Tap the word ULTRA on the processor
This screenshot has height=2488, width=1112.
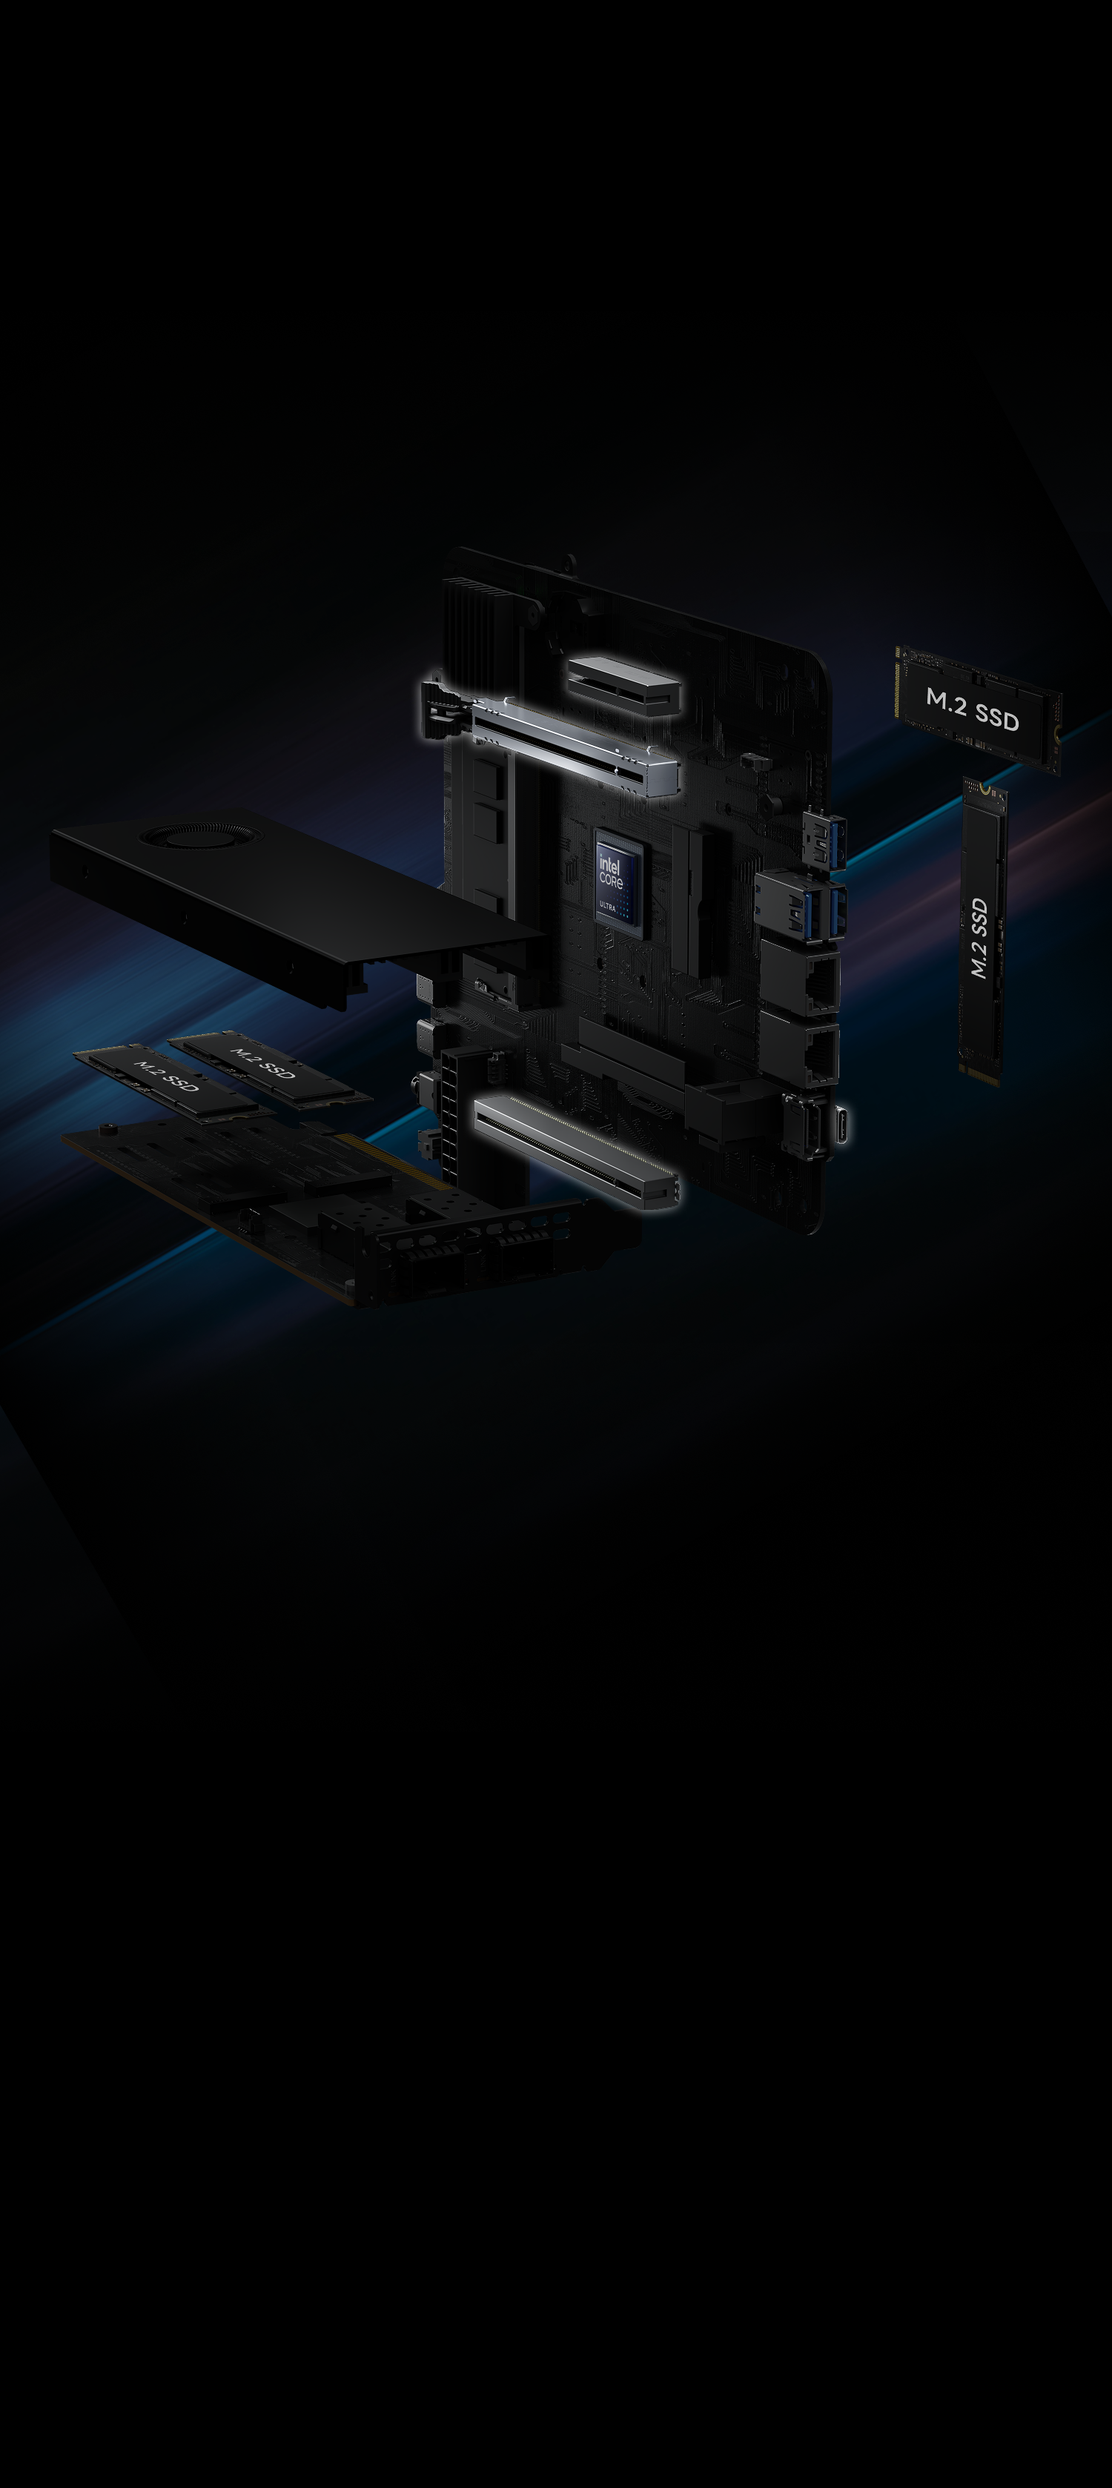[608, 906]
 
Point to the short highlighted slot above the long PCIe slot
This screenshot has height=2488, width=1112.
[624, 684]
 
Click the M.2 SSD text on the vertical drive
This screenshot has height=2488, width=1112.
[979, 937]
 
